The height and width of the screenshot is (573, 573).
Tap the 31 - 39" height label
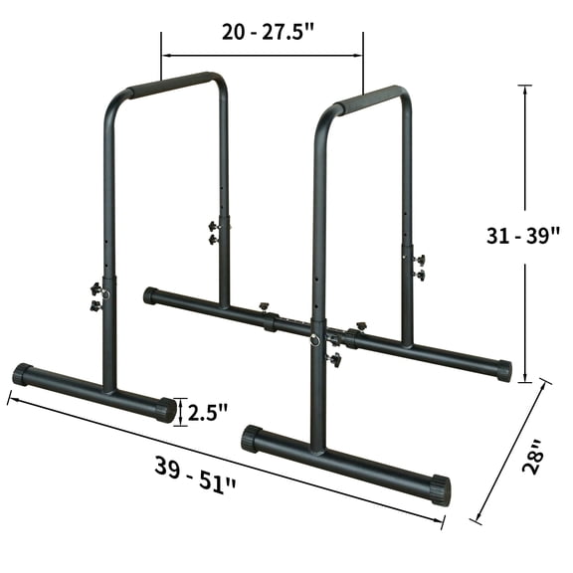[x=524, y=237]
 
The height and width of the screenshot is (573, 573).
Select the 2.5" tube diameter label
[x=209, y=411]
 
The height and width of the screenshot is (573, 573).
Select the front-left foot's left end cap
[x=22, y=374]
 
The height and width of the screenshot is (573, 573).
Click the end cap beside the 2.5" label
[x=165, y=409]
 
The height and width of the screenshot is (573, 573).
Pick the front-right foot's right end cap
[x=439, y=490]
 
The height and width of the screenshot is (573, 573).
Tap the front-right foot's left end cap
[x=251, y=438]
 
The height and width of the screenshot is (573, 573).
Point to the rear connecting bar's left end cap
[x=150, y=295]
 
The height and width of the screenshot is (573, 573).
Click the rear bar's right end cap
[x=503, y=371]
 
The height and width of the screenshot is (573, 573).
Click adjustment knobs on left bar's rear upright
[x=214, y=233]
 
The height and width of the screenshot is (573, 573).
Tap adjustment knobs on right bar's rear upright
[x=418, y=267]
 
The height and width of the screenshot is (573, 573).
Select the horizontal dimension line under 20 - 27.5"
[x=262, y=56]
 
